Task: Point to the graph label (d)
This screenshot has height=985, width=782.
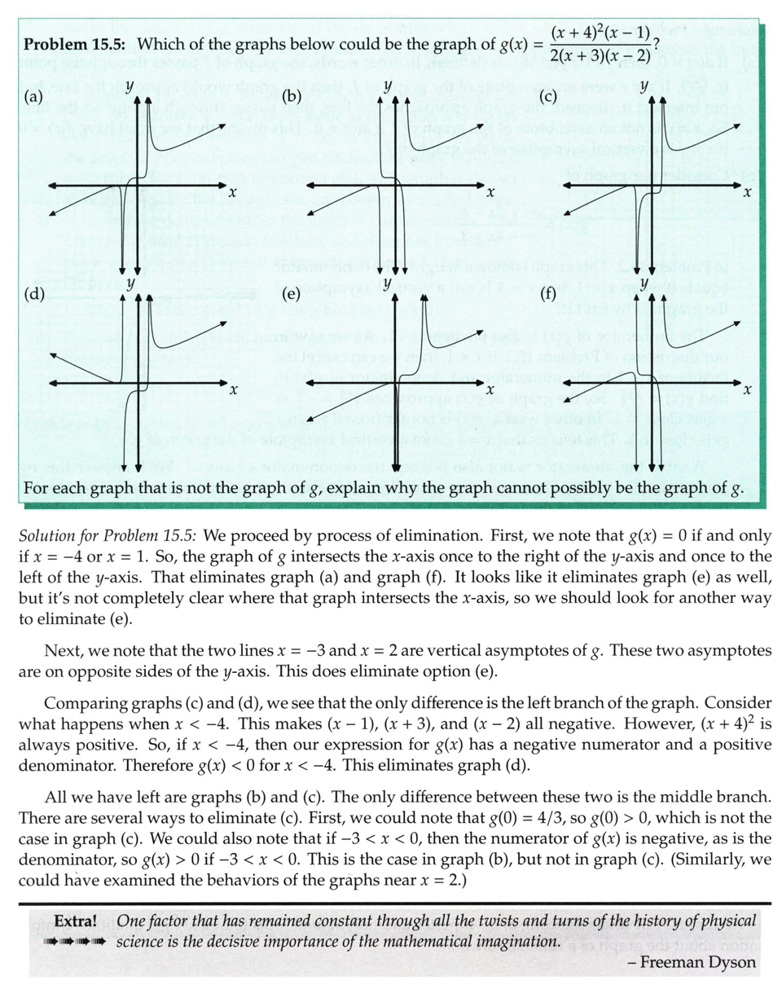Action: tap(34, 295)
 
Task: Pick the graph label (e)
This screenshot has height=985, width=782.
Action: tap(292, 295)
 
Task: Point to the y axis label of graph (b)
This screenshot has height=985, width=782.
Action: tap(389, 85)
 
